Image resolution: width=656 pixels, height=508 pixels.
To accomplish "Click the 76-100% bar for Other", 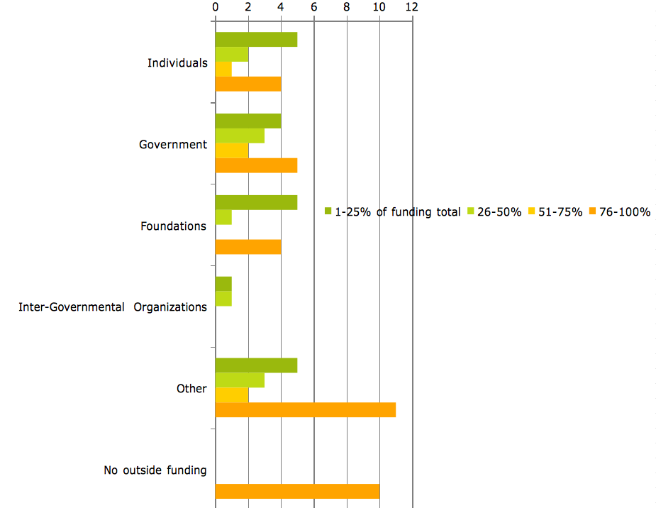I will (305, 409).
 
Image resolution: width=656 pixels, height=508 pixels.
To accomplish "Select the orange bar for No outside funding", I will (297, 491).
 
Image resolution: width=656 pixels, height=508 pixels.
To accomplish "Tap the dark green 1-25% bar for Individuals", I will (256, 40).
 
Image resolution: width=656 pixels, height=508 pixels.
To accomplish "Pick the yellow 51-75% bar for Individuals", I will (223, 69).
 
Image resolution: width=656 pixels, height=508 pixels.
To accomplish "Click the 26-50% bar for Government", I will (240, 136).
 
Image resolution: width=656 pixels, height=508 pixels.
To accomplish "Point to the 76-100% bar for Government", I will (256, 165).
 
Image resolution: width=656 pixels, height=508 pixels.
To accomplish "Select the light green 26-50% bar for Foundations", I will (223, 217).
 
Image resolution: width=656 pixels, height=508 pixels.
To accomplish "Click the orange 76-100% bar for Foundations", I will (248, 247).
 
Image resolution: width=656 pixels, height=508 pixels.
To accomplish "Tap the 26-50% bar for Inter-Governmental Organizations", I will (223, 299).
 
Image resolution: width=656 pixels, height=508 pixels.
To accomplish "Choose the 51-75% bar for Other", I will (232, 394).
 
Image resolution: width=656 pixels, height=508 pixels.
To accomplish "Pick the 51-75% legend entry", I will (556, 211).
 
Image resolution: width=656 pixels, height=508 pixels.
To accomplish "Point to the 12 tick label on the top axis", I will (412, 7).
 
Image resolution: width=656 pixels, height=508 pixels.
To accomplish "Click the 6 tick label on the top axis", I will (313, 7).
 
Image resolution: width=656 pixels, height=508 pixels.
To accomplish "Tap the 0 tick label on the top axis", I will (216, 7).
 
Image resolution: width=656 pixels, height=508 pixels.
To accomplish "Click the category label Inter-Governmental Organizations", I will (113, 307).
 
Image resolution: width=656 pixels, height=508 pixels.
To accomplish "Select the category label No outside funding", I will (155, 470).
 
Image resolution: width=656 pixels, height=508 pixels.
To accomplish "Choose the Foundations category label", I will (174, 226).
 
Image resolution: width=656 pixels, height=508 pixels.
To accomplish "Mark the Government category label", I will (173, 145).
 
